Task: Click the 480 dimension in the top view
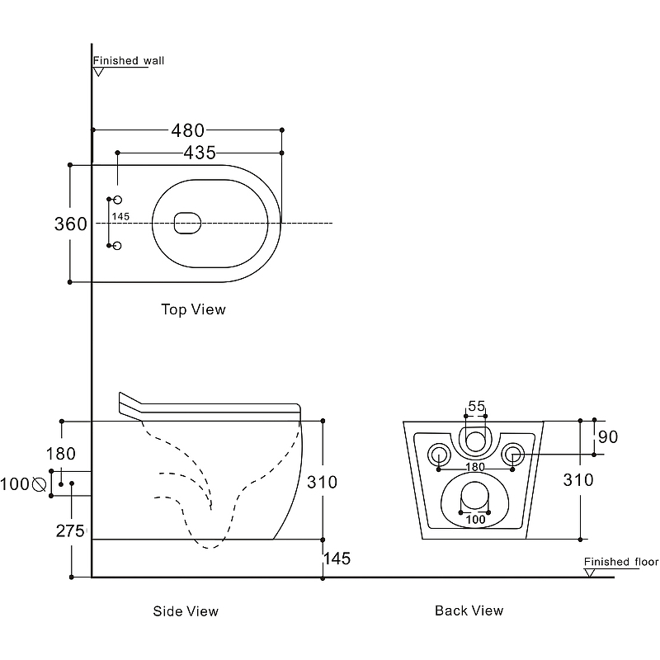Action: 187,130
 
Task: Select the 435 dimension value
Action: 200,153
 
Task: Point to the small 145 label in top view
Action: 120,217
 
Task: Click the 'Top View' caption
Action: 192,310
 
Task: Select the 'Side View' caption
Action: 186,611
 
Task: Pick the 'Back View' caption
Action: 469,610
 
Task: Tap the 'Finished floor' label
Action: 621,563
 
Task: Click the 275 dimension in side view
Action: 70,531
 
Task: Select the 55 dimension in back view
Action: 476,406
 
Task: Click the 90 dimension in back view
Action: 608,437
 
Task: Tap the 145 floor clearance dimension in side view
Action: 337,559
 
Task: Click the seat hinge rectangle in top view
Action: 188,223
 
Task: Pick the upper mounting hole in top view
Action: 116,200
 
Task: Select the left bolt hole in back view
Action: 438,453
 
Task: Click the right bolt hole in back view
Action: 513,453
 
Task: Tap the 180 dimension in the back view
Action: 475,468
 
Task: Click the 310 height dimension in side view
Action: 322,482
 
